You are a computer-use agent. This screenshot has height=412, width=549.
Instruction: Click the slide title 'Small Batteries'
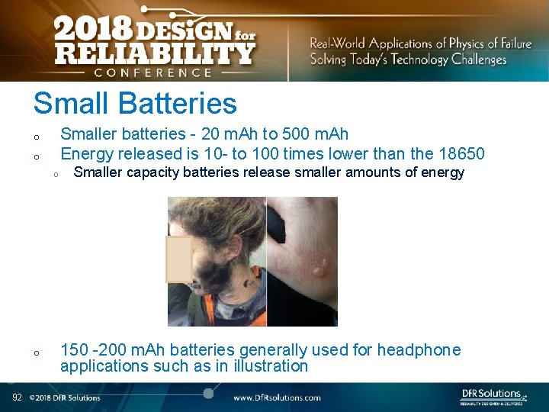[x=135, y=104]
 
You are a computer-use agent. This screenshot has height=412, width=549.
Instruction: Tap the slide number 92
[x=17, y=397]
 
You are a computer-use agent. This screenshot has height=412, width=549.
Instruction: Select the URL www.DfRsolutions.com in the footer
[x=277, y=398]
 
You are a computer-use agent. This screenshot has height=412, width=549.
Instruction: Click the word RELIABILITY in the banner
[x=155, y=54]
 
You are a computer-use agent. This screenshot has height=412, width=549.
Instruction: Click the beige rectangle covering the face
[x=179, y=259]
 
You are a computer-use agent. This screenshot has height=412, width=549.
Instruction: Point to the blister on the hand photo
[x=321, y=266]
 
